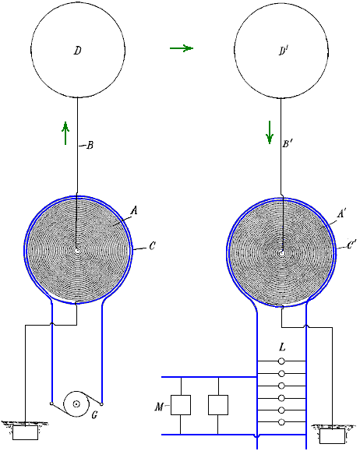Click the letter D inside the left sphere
[77, 51]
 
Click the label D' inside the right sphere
[284, 51]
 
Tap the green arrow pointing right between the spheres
[182, 48]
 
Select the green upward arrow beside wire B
[65, 133]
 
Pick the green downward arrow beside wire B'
[270, 132]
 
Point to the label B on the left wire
[90, 145]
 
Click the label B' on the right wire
[288, 143]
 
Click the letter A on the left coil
[134, 211]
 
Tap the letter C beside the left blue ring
[152, 246]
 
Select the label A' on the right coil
[341, 213]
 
